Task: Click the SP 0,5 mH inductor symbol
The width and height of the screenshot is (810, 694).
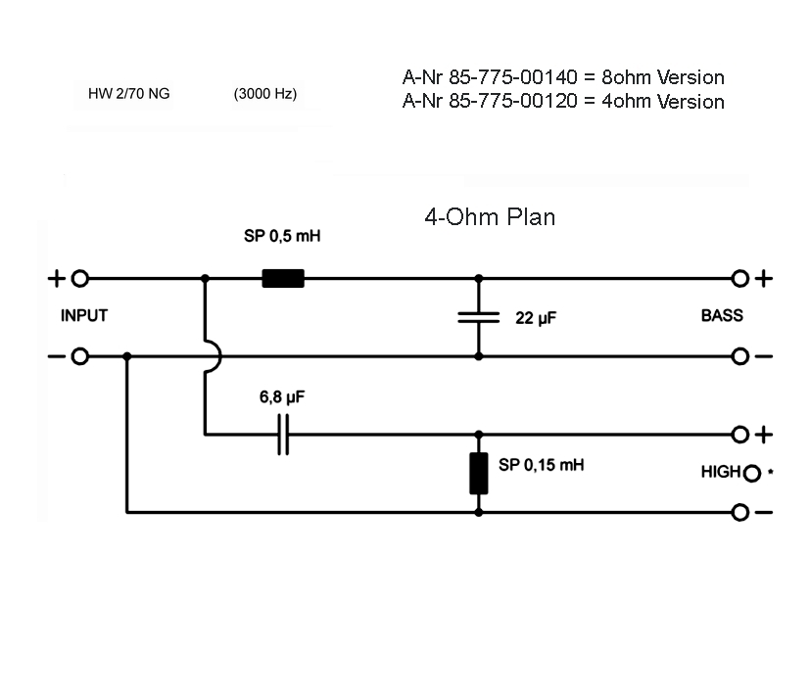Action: coord(283,279)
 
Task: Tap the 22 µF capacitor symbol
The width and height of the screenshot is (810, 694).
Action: coord(479,317)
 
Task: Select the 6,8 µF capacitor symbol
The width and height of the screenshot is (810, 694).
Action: coord(283,434)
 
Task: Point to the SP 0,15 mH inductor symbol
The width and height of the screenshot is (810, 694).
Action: coord(479,473)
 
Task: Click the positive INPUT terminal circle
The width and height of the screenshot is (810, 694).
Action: coord(80,279)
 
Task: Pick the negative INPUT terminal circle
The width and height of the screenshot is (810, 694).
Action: coord(80,356)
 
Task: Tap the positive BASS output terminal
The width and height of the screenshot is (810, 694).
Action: coord(740,279)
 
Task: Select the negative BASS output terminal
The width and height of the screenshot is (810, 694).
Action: coord(740,356)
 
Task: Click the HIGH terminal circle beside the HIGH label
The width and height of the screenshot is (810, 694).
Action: coord(751,474)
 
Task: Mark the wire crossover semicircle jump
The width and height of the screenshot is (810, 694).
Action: coord(213,356)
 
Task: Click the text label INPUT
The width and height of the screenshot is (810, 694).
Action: coord(84,316)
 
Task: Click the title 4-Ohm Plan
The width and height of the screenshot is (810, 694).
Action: coord(490,217)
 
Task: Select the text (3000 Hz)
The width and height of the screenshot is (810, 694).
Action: coord(265,94)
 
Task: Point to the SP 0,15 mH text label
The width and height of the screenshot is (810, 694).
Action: coord(541,465)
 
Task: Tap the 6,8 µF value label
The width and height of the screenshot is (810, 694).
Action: coord(283,397)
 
